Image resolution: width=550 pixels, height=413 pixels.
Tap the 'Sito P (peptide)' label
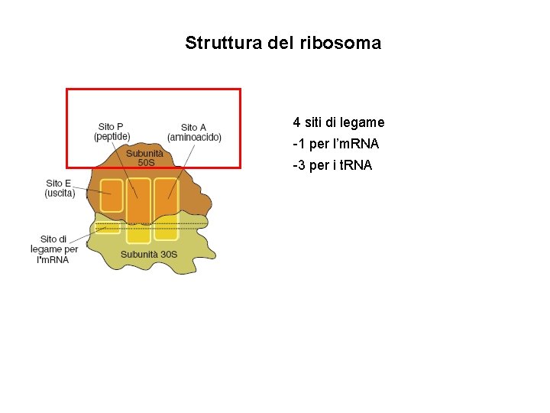[112, 132]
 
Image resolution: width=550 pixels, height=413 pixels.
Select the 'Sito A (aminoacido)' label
[194, 132]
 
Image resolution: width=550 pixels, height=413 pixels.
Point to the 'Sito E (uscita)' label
[60, 188]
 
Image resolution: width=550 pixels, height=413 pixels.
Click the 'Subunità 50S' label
[145, 158]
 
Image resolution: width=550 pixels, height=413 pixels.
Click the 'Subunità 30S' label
[149, 254]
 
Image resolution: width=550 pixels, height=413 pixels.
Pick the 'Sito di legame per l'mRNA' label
[54, 249]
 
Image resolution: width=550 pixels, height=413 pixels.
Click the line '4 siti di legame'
[338, 122]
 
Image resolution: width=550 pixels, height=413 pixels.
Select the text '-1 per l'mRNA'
[335, 144]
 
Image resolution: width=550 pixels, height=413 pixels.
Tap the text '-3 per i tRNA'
[332, 165]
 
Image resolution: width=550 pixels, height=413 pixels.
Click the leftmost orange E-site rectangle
[112, 197]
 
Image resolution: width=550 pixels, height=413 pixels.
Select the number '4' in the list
[296, 122]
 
